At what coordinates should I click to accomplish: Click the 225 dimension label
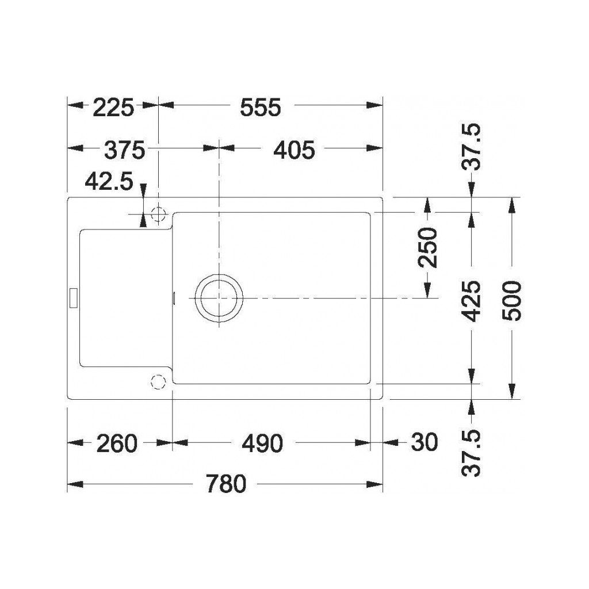click(113, 108)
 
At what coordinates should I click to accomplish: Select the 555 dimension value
click(261, 108)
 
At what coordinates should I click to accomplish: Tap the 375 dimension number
click(124, 150)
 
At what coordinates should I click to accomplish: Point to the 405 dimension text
click(294, 150)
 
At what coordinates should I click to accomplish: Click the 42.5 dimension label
click(109, 182)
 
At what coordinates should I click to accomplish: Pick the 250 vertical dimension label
click(429, 247)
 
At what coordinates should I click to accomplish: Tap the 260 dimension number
click(117, 443)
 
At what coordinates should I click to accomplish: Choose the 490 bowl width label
click(262, 443)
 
